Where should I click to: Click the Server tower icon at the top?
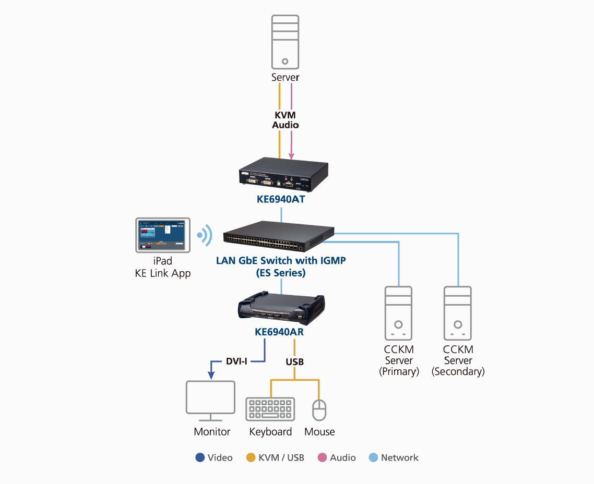tap(285, 42)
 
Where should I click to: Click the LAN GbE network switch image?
tap(279, 237)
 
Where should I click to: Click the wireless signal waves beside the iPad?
tap(205, 236)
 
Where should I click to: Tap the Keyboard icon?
tap(270, 409)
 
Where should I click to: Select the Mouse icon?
tap(319, 410)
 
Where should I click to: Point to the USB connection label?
tap(294, 361)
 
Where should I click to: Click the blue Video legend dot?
tap(200, 457)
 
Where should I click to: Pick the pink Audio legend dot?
tap(322, 457)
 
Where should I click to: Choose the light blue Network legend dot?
tap(373, 457)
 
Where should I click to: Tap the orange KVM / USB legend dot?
tap(251, 457)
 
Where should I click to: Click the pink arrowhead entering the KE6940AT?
tap(291, 155)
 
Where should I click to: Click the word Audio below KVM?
tap(286, 125)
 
